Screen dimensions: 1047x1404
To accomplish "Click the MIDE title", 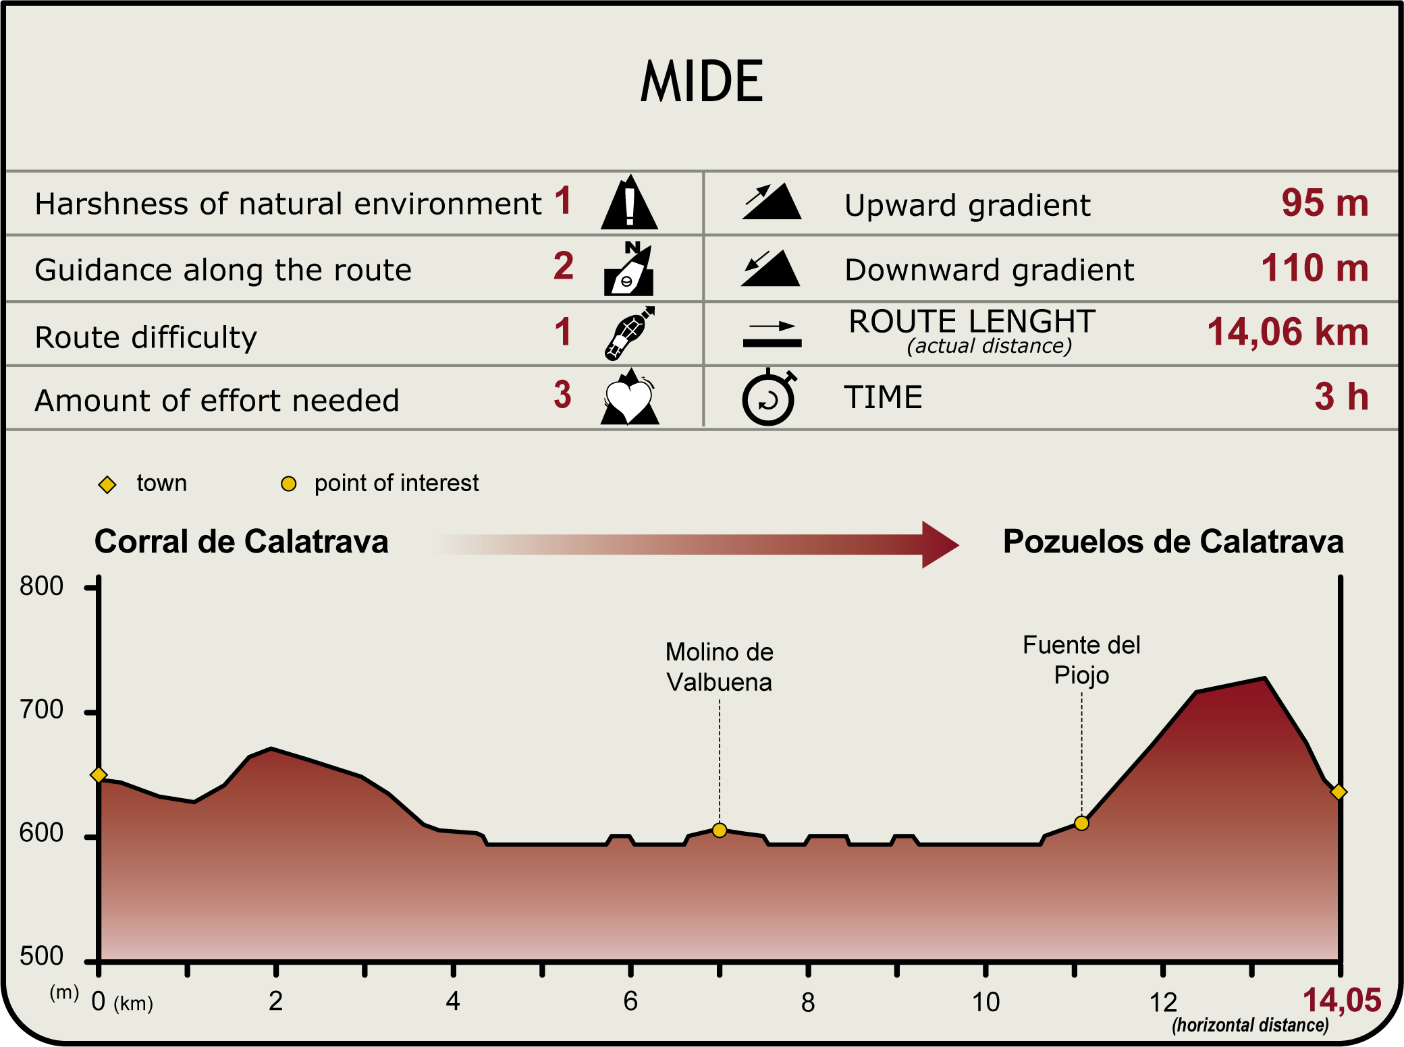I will pyautogui.click(x=701, y=82).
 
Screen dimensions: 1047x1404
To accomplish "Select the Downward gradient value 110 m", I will pyautogui.click(x=1314, y=268).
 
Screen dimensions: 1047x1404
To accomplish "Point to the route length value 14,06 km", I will pyautogui.click(x=1287, y=332).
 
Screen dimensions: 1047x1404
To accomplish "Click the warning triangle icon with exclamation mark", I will pyautogui.click(x=629, y=202).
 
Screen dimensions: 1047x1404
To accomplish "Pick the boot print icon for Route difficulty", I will pyautogui.click(x=629, y=333).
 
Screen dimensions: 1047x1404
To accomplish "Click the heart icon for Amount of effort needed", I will pyautogui.click(x=629, y=398).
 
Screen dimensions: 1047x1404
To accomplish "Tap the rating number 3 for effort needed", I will pyautogui.click(x=563, y=395).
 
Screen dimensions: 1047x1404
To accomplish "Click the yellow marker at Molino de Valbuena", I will pyautogui.click(x=720, y=830).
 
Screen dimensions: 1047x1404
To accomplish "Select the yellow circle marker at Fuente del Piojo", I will pyautogui.click(x=1081, y=823).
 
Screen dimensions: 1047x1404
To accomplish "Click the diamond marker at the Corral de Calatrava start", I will pyautogui.click(x=99, y=774).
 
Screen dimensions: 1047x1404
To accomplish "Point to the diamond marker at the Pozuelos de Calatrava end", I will pyautogui.click(x=1339, y=792).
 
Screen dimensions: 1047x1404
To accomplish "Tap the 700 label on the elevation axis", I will pyautogui.click(x=42, y=710).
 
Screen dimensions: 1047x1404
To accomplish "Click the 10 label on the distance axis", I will pyautogui.click(x=986, y=1002).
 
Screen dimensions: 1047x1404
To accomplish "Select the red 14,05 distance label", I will pyautogui.click(x=1342, y=1000).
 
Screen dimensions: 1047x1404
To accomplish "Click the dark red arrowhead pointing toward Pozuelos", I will pyautogui.click(x=940, y=544).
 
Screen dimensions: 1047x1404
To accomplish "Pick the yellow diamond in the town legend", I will pyautogui.click(x=107, y=484).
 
